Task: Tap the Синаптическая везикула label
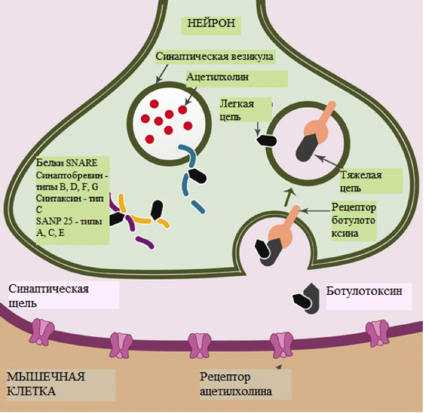point(215,57)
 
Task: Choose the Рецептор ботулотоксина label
point(354,220)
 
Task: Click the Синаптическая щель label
point(48,295)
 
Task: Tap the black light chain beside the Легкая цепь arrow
point(266,139)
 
